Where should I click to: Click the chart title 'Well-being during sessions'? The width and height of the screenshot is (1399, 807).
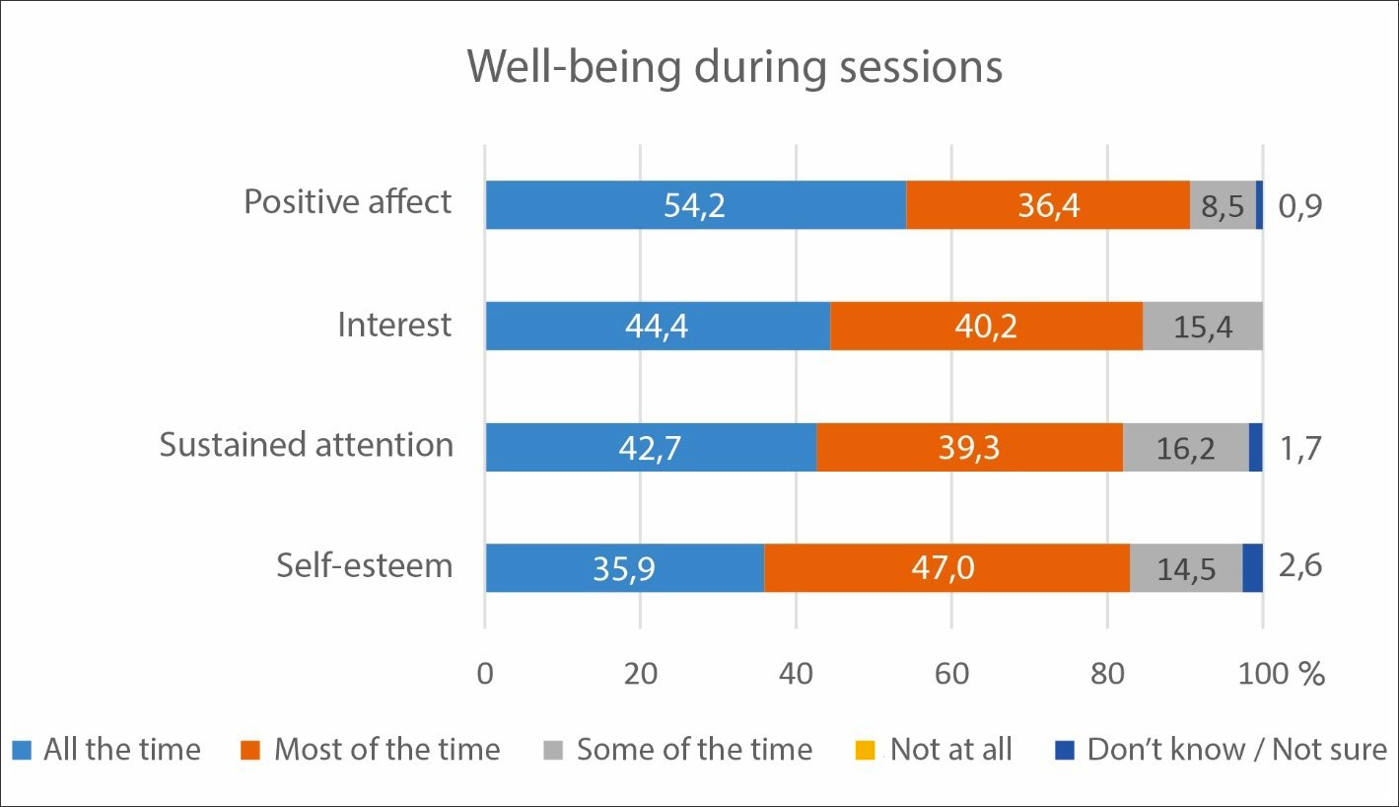tap(734, 68)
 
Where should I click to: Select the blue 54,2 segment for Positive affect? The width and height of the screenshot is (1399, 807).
tap(695, 205)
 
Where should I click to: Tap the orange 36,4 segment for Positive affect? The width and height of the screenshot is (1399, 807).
tap(1047, 205)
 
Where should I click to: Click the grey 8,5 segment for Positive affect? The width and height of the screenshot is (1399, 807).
tap(1223, 205)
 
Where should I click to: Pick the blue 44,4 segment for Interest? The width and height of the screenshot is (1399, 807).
tap(657, 326)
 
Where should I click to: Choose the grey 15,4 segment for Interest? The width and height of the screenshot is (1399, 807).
tap(1203, 326)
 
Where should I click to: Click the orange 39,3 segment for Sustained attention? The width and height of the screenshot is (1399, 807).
tap(969, 447)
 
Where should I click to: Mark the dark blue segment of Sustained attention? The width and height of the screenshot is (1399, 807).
tap(1255, 447)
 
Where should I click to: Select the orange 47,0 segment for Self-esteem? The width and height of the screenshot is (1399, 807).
tap(946, 567)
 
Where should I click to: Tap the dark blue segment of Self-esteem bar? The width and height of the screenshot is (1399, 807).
tap(1252, 567)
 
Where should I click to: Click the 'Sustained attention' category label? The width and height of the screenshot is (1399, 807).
tap(307, 445)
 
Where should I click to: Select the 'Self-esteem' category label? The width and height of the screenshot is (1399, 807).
tap(364, 566)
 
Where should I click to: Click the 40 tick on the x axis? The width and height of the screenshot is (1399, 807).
tap(796, 675)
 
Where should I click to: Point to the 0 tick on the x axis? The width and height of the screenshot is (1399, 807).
tap(485, 675)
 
